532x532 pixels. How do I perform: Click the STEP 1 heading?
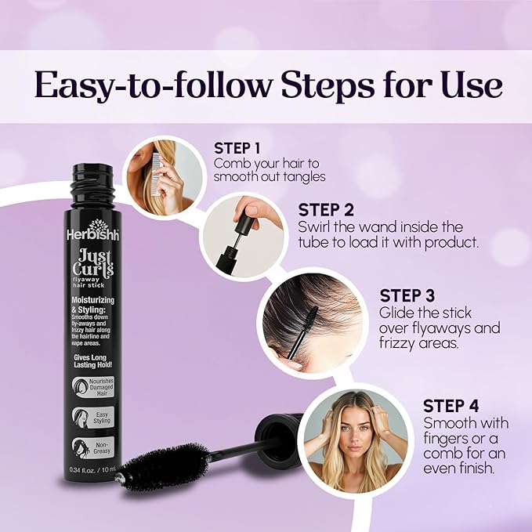(x=239, y=147)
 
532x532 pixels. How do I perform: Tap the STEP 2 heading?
(x=326, y=210)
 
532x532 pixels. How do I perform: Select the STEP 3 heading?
(x=407, y=295)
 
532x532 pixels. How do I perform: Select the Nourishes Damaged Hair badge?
(x=97, y=388)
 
